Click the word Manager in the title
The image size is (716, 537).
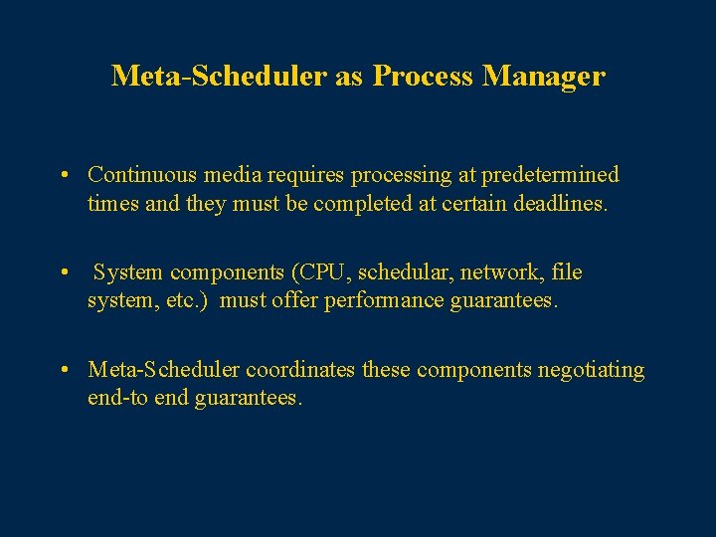(543, 76)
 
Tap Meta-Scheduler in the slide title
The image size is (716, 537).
(219, 76)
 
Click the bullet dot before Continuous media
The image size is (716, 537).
(63, 176)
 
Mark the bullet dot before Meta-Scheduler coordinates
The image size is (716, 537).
(63, 371)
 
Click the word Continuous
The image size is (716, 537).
(142, 175)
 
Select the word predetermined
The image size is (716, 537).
(550, 175)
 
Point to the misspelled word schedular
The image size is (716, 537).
(400, 272)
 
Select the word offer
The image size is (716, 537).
(295, 300)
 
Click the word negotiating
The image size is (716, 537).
(591, 370)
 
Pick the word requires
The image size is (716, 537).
(305, 175)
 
